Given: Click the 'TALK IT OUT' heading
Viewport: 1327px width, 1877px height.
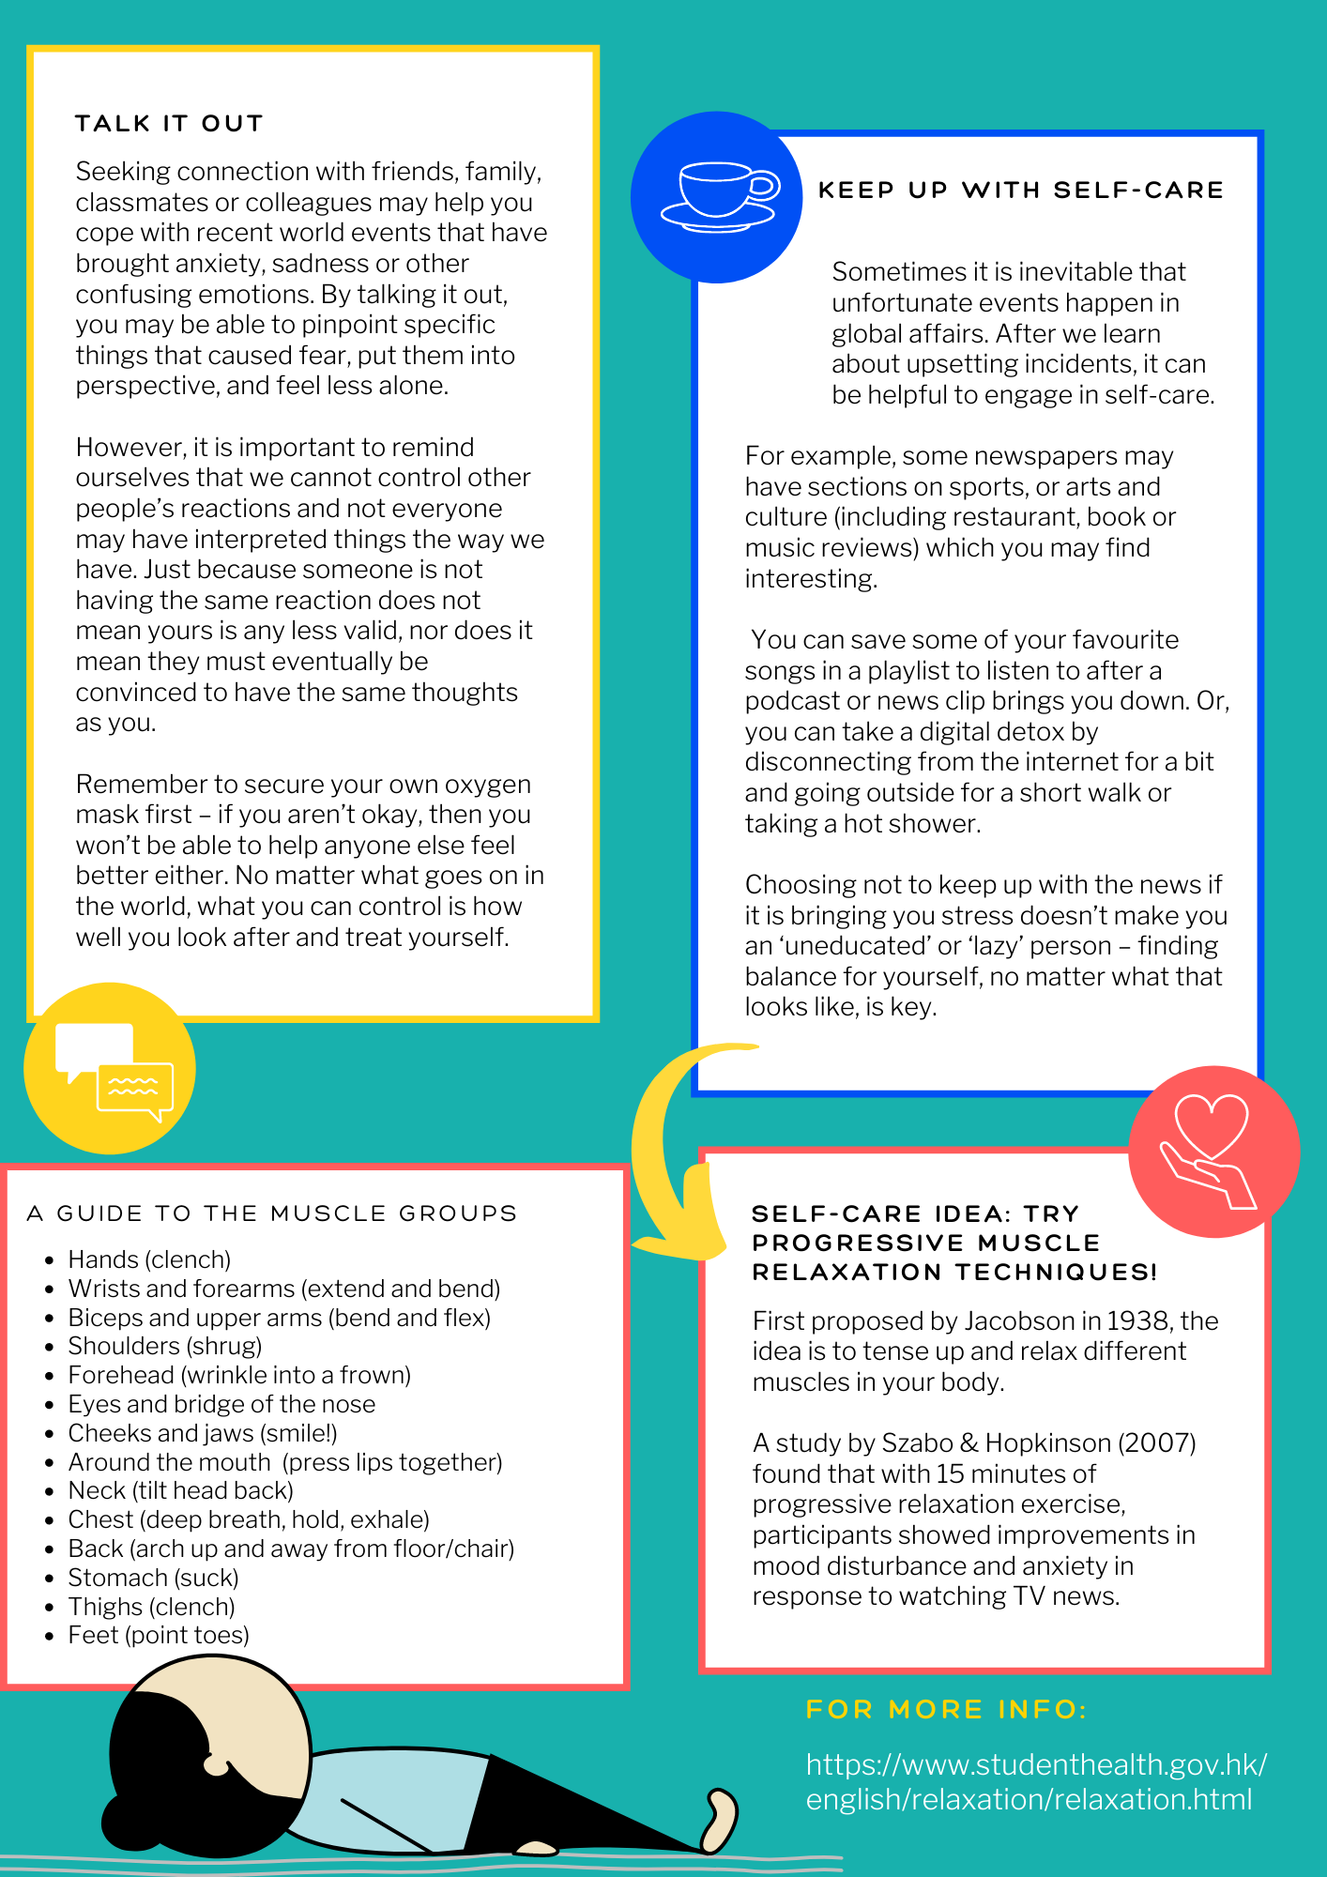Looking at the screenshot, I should point(169,124).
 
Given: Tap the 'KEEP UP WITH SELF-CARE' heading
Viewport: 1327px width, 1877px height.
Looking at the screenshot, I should point(1020,191).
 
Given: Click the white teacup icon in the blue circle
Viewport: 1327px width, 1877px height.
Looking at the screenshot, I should point(719,196).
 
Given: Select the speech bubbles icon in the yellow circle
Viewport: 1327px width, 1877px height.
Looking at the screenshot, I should point(114,1071).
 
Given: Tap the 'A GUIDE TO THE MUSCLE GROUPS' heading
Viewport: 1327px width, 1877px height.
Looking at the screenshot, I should point(272,1213).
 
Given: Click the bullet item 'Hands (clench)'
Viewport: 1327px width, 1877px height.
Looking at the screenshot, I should point(149,1259).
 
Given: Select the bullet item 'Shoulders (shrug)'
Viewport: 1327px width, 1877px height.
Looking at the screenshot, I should point(165,1346).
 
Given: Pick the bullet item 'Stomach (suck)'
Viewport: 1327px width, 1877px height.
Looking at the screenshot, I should point(153,1578).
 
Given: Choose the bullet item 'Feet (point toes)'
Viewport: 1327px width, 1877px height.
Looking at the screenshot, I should point(159,1636).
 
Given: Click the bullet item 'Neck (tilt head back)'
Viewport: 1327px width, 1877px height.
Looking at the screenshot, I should point(180,1490).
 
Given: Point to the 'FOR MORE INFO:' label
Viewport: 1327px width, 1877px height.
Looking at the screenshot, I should point(946,1709).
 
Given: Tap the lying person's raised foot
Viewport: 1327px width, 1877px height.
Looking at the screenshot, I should point(720,1819).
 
